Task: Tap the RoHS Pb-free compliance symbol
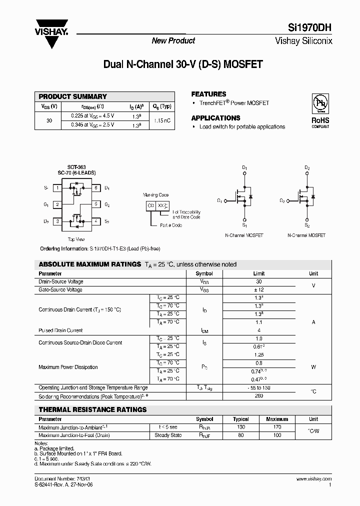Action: [x=320, y=103]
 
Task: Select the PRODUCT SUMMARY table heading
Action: [x=73, y=96]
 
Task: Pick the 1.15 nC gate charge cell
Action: [x=162, y=120]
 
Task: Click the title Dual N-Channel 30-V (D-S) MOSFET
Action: [x=182, y=64]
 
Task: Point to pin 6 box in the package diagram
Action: [x=95, y=188]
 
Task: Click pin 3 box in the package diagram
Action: [x=58, y=221]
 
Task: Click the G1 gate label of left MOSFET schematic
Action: [x=219, y=200]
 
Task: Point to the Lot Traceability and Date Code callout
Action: [x=186, y=214]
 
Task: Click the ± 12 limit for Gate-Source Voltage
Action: [x=258, y=289]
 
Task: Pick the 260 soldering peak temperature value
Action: [x=258, y=396]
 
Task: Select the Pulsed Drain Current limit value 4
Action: [x=258, y=330]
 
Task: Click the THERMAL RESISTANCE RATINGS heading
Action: [x=92, y=409]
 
